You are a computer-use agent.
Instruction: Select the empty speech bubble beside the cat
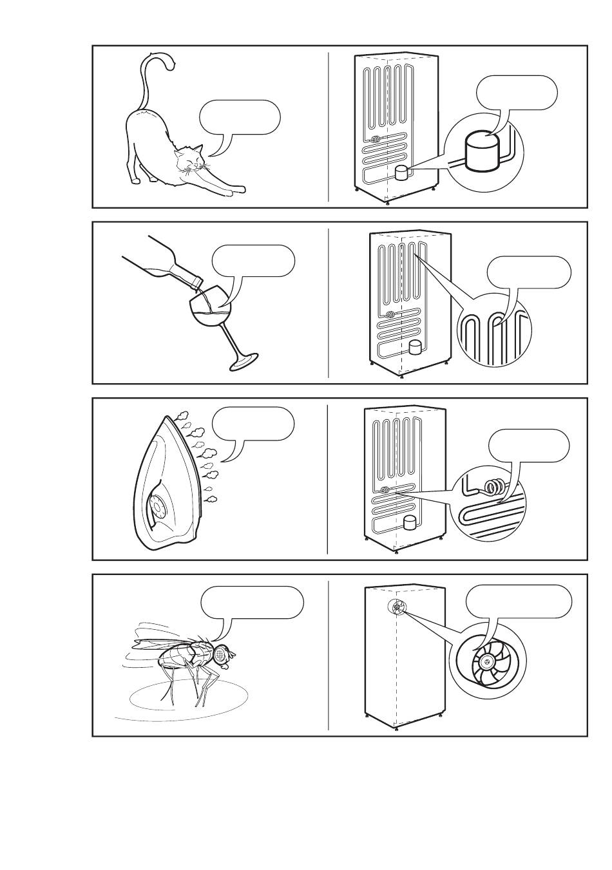click(x=240, y=117)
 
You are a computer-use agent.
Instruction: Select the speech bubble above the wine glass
click(x=254, y=261)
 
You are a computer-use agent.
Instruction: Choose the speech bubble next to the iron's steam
click(x=254, y=424)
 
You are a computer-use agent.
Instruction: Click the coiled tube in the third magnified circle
click(x=494, y=487)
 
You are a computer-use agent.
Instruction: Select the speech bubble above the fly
click(x=252, y=602)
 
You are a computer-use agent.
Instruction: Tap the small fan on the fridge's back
click(x=397, y=607)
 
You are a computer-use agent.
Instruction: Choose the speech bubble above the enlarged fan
click(x=519, y=601)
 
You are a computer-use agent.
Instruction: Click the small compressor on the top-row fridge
click(x=401, y=173)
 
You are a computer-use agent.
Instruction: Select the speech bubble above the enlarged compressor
click(x=517, y=91)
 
